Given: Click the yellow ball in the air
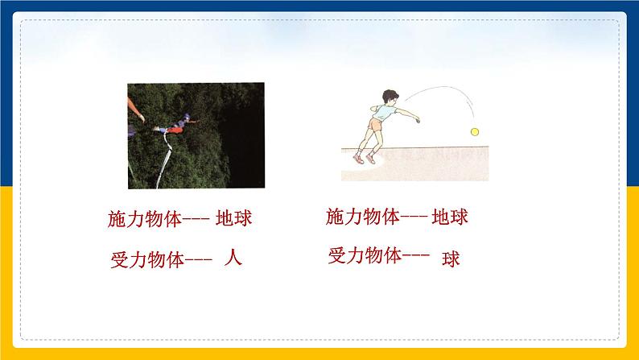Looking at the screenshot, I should (x=475, y=131).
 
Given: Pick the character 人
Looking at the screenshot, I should (x=233, y=259).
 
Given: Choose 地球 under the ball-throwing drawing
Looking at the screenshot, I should (x=450, y=216).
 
